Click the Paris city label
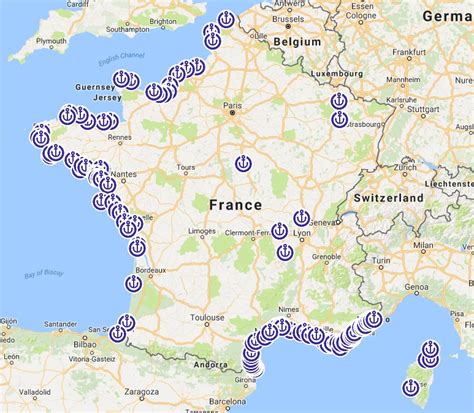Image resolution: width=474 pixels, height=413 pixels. pos(232,104)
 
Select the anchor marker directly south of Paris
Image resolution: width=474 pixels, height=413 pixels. pos(242,163)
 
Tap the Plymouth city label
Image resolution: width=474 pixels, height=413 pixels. pos(51,43)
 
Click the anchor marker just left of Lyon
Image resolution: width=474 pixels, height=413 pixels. pos(280,232)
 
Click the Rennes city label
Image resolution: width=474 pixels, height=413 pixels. pos(119,137)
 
